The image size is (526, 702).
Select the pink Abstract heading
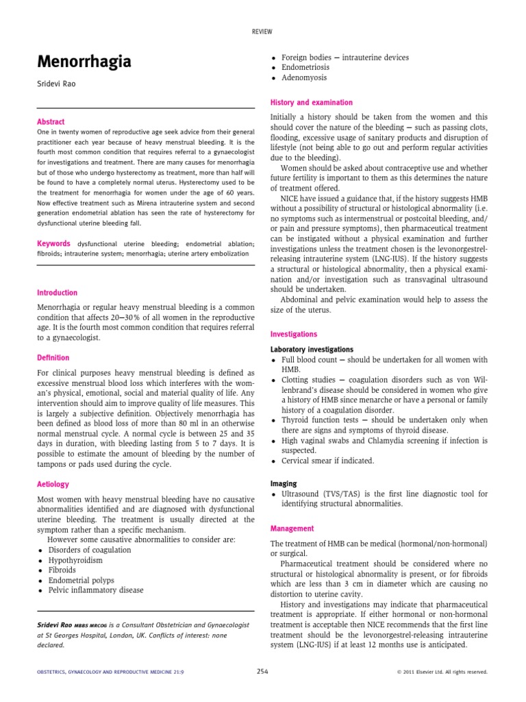51,121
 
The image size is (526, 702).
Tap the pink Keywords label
54,243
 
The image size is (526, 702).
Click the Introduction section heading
58,293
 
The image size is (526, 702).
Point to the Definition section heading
53,357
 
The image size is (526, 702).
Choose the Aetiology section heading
53,484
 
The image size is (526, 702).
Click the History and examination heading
312,102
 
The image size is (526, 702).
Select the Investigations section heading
294,334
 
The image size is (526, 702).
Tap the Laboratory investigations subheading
312,349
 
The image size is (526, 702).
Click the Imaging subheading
284,483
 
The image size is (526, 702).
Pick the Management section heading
292,529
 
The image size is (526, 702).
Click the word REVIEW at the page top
262,32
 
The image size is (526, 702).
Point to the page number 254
262,671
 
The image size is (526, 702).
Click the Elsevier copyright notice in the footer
442,672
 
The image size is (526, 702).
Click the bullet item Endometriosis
305,68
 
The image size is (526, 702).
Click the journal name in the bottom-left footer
110,672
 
